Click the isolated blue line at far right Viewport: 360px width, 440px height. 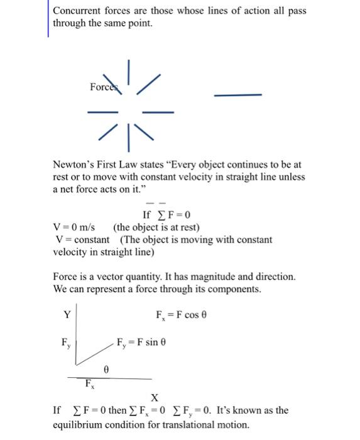point(237,95)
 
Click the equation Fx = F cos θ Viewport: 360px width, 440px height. point(181,314)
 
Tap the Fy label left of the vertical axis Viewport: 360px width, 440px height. point(65,344)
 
